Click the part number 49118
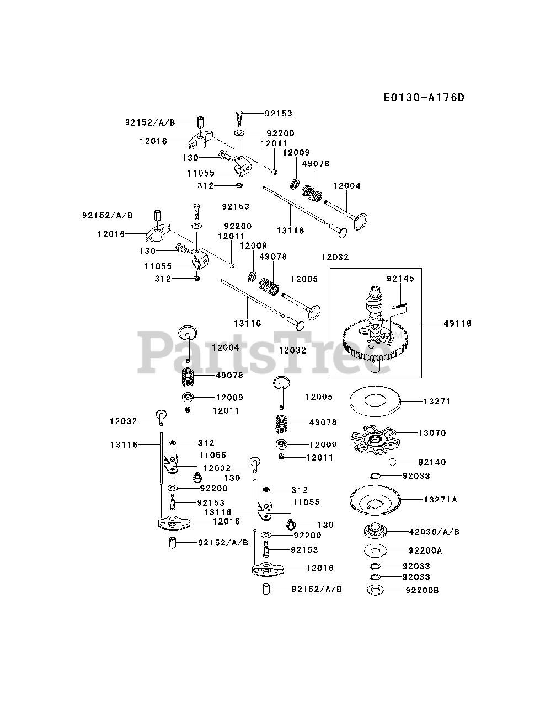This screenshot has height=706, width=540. tap(457, 323)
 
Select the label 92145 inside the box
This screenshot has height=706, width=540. tap(400, 279)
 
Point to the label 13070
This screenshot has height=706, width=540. tap(432, 433)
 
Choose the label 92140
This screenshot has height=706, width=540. tap(432, 462)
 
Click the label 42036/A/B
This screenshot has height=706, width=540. tap(434, 532)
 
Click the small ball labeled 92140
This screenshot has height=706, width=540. tap(393, 462)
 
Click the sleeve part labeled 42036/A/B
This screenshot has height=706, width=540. tap(378, 532)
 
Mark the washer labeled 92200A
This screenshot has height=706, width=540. tap(376, 550)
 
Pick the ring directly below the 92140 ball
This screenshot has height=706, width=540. tap(376, 476)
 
